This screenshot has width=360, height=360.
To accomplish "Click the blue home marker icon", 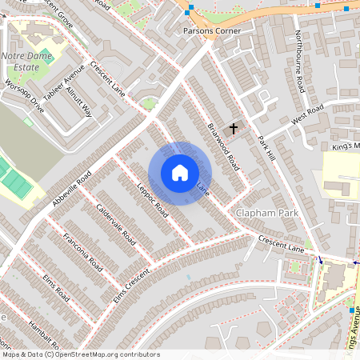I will tap(180, 173).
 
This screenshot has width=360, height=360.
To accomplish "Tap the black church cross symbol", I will tap(234, 128).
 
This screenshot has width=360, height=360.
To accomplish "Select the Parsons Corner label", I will tap(212, 31).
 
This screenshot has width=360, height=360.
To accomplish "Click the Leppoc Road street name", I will tap(152, 200).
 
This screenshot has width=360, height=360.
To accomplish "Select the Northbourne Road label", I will tap(298, 59).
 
